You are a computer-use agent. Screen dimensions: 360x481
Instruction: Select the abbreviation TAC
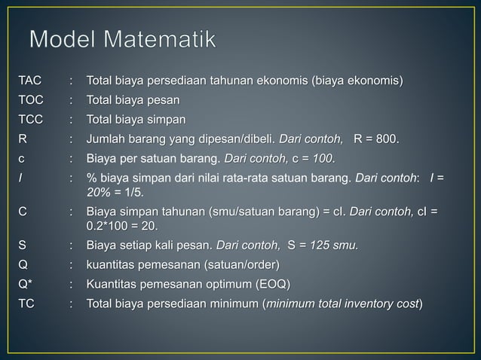click(x=31, y=80)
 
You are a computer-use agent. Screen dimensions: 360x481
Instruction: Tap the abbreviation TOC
click(x=32, y=99)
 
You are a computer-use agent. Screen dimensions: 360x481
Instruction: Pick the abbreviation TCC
click(x=32, y=119)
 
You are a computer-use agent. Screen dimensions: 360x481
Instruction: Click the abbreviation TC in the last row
click(x=27, y=304)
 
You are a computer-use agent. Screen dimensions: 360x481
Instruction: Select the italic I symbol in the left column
click(x=21, y=178)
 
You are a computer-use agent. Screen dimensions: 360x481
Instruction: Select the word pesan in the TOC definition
click(x=165, y=99)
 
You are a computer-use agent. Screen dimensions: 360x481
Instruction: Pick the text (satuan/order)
click(x=240, y=264)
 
